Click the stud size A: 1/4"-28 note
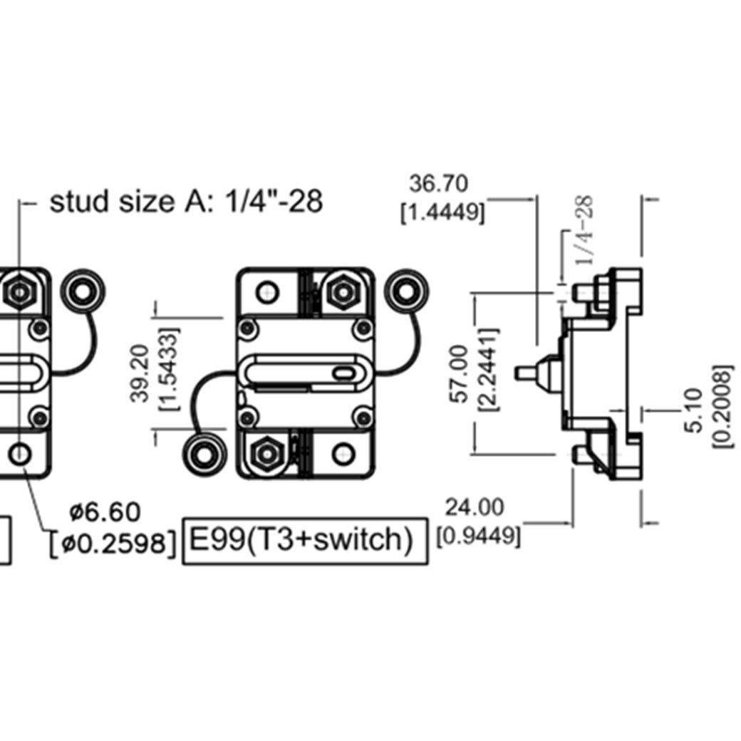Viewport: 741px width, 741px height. point(186,201)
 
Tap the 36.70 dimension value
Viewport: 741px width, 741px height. point(439,183)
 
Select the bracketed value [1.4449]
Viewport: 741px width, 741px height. point(442,213)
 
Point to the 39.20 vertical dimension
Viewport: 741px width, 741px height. point(140,373)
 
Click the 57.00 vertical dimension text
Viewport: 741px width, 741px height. point(460,374)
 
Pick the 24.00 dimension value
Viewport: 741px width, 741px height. point(475,507)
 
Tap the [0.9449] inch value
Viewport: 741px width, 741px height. point(478,536)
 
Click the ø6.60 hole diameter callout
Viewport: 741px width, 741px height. point(105,512)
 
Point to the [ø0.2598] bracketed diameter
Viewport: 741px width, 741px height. point(113,544)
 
